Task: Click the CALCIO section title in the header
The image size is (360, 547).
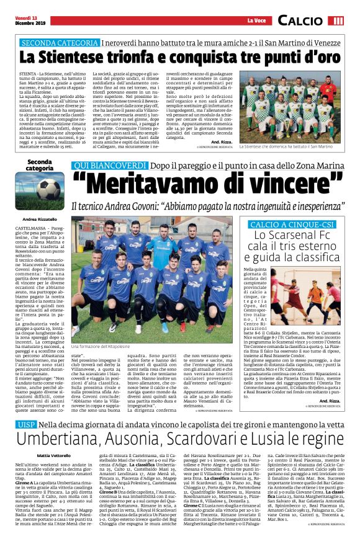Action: click(x=300, y=21)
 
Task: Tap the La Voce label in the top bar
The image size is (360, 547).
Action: click(x=256, y=21)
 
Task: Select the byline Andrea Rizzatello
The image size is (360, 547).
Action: click(x=39, y=220)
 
